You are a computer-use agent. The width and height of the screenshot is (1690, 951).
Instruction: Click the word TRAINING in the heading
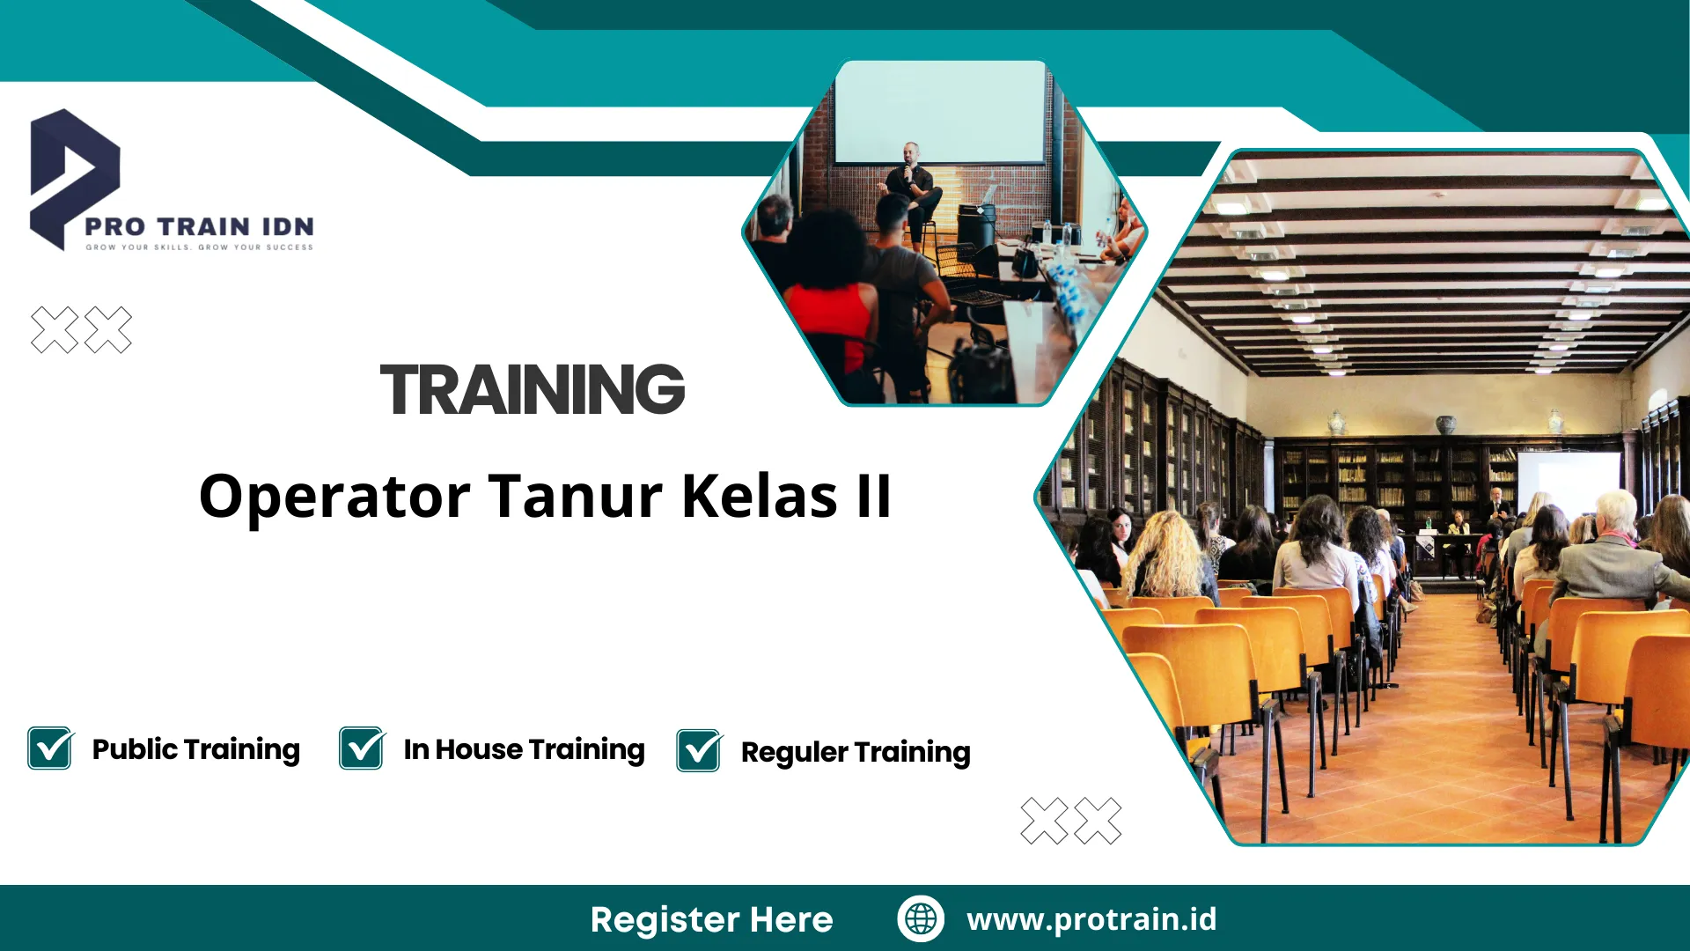click(532, 390)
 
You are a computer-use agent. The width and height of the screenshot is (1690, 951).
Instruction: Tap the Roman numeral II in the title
click(873, 497)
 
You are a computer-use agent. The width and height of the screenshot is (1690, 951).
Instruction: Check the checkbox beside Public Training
click(50, 748)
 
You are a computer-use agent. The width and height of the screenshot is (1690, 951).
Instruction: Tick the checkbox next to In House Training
click(362, 748)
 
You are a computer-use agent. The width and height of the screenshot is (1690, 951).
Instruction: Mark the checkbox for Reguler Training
click(699, 751)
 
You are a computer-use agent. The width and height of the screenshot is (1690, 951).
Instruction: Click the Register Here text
click(711, 919)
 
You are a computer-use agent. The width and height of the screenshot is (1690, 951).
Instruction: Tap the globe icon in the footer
click(921, 918)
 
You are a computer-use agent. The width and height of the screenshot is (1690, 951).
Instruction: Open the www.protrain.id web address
click(1091, 919)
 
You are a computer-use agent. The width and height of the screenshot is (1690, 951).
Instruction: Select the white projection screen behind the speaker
click(938, 110)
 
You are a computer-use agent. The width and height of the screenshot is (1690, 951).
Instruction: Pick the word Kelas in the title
click(759, 497)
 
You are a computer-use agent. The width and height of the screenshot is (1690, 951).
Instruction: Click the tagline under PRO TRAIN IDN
click(199, 247)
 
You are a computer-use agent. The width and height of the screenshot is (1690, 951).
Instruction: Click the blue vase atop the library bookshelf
click(1445, 425)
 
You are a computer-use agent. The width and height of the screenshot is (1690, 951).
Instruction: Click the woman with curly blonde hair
click(1166, 555)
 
